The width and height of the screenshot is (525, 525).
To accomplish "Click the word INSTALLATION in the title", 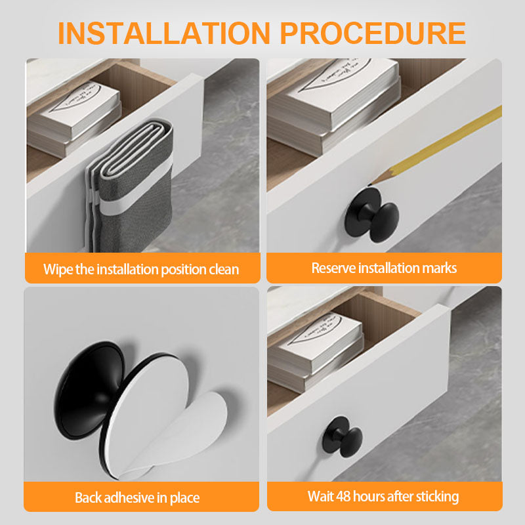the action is pyautogui.click(x=163, y=33).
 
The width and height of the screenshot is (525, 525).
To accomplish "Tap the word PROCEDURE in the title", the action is pyautogui.click(x=373, y=33).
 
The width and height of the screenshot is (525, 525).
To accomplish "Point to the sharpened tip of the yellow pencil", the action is pyautogui.click(x=369, y=184).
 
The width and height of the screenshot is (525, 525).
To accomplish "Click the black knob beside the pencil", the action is pyautogui.click(x=371, y=215).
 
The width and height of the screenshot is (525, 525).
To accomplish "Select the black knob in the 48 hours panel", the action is pyautogui.click(x=342, y=436).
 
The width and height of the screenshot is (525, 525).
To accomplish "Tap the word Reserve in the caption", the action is pyautogui.click(x=333, y=268).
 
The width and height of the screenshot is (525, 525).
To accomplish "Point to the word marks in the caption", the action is pyautogui.click(x=439, y=268).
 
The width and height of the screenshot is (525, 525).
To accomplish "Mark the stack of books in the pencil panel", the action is pyautogui.click(x=333, y=106).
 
